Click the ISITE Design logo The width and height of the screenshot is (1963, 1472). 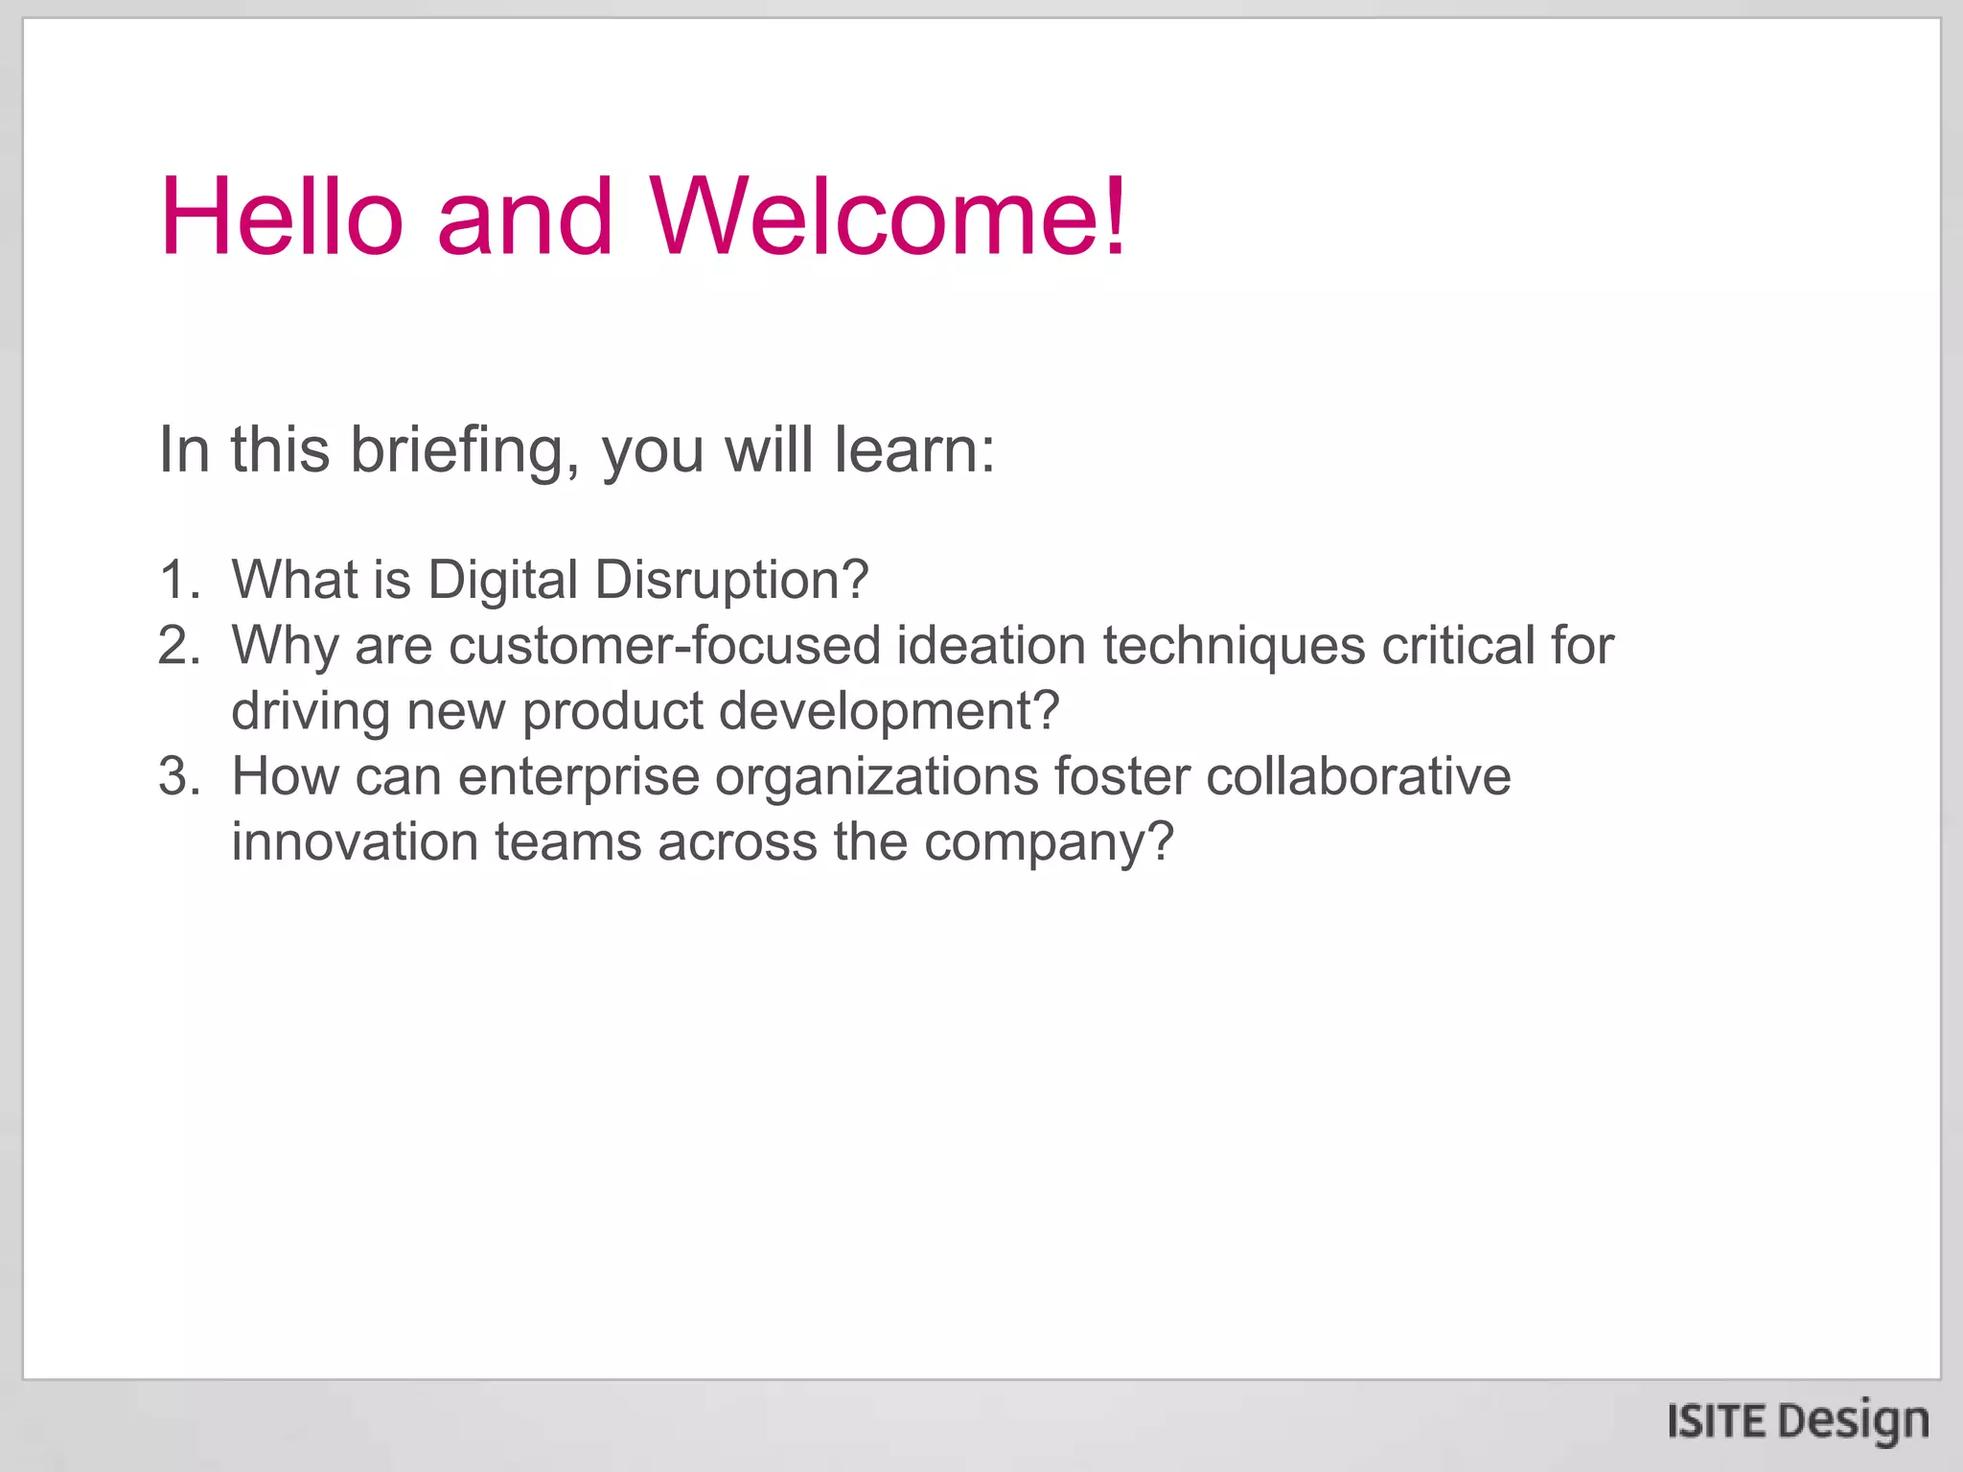point(1797,1421)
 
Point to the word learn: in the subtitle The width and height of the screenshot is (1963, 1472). point(914,449)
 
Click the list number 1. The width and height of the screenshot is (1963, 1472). point(179,580)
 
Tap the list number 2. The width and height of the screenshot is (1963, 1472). point(179,645)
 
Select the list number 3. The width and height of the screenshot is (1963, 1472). point(179,776)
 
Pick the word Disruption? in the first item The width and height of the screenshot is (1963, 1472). point(731,580)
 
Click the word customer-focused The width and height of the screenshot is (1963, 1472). point(664,645)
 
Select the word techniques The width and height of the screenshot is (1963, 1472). point(1235,647)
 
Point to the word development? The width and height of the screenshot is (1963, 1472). point(889,712)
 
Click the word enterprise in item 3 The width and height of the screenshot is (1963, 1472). point(579,778)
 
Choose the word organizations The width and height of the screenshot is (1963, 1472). point(877,778)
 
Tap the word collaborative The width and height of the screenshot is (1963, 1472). point(1358,776)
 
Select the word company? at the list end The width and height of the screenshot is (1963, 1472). point(1049,843)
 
